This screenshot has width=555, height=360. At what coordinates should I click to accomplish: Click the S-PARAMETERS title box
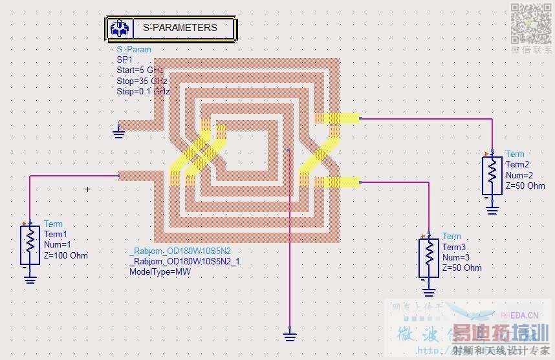(x=171, y=28)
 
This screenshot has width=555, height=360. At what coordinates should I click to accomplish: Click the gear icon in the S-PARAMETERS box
(x=119, y=28)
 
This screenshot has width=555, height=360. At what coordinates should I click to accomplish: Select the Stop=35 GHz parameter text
(x=142, y=81)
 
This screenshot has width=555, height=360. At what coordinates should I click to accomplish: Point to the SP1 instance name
(x=124, y=59)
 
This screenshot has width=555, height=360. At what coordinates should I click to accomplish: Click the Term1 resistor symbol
(x=30, y=241)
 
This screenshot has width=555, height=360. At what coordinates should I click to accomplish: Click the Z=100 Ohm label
(x=66, y=255)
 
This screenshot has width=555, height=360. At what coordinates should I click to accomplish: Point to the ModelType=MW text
(x=160, y=271)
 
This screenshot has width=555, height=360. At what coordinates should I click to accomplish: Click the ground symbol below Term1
(x=30, y=279)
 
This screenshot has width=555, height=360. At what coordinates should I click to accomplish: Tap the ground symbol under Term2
(x=492, y=209)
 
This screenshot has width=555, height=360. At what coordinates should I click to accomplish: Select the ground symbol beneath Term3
(x=428, y=291)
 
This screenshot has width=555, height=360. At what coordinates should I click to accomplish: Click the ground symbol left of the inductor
(x=118, y=132)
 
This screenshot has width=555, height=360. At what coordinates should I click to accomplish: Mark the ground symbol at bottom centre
(x=290, y=334)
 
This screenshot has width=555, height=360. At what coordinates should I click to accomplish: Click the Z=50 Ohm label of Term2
(x=525, y=185)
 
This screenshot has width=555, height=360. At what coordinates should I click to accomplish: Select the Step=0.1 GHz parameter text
(x=143, y=92)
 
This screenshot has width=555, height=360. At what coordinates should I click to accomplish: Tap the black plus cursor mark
(x=87, y=189)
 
